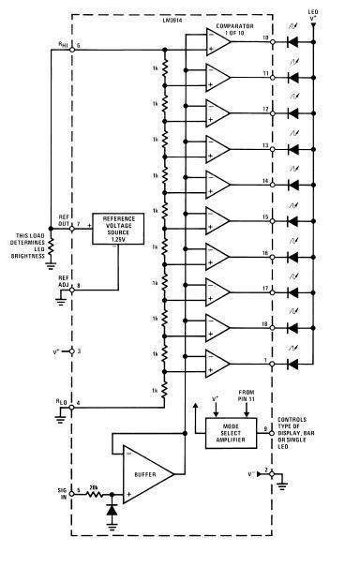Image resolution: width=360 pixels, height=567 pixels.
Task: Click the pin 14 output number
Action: (x=266, y=180)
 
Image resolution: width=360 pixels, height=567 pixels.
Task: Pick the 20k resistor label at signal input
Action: (x=94, y=485)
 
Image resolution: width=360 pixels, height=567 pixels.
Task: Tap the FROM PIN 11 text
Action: (x=247, y=397)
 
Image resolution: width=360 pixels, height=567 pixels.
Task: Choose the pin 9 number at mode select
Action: (x=266, y=427)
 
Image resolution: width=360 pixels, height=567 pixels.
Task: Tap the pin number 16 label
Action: (x=266, y=253)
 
